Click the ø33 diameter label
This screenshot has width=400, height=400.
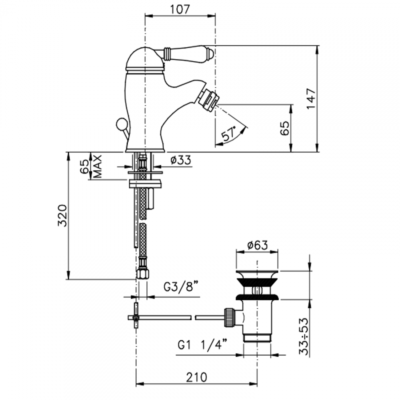(x=181, y=160)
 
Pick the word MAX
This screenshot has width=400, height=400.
(x=97, y=166)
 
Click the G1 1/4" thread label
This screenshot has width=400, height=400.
(x=203, y=345)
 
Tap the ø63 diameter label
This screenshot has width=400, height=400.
(x=257, y=245)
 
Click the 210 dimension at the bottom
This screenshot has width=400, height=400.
(x=197, y=377)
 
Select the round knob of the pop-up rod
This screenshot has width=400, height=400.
(x=121, y=125)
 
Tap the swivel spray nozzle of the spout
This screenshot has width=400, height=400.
(x=209, y=98)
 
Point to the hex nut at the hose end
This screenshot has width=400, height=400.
(x=142, y=273)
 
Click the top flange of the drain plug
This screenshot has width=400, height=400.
(x=257, y=272)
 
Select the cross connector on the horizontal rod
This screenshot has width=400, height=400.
(x=135, y=317)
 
